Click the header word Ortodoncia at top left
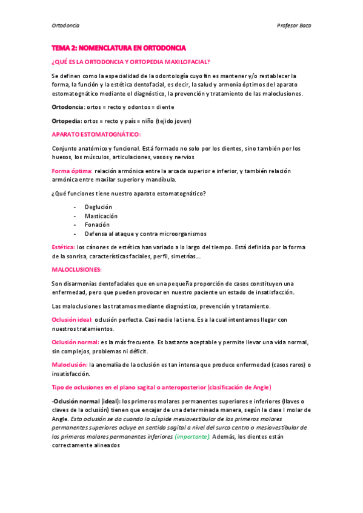click(65, 25)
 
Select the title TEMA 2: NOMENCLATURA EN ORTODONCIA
click(119, 47)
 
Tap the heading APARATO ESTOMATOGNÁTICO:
click(96, 134)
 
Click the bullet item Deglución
click(98, 207)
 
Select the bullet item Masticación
click(101, 216)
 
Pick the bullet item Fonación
click(97, 224)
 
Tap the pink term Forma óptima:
click(72, 171)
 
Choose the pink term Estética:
click(64, 247)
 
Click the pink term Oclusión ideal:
click(73, 319)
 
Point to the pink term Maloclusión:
click(70, 365)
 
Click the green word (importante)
click(192, 436)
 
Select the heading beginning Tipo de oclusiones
click(161, 387)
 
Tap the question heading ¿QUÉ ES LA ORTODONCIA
click(131, 62)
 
